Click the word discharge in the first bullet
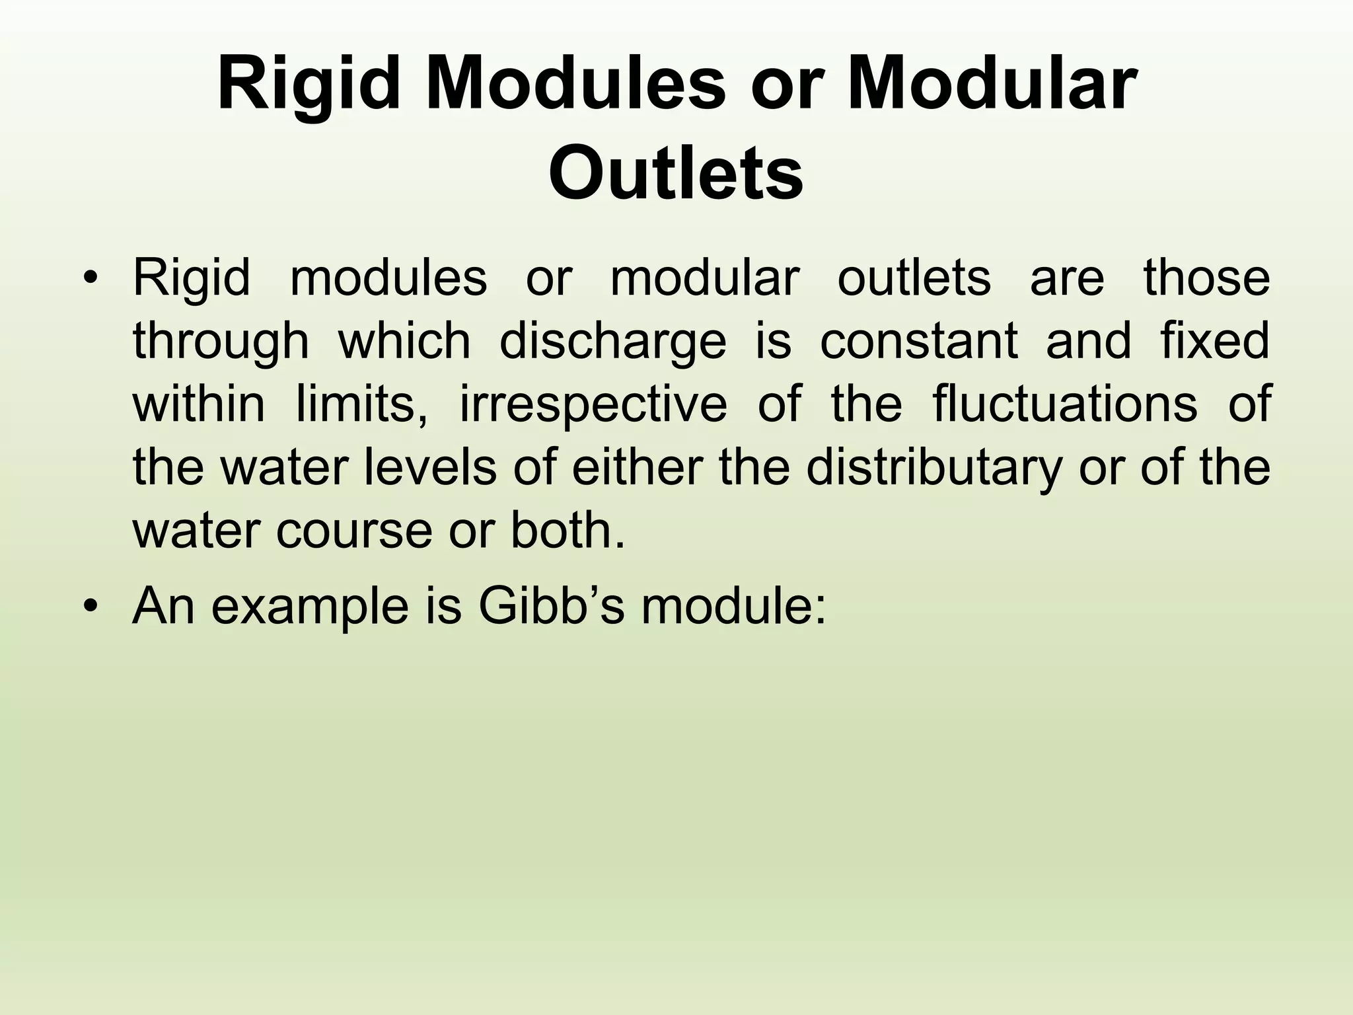612,342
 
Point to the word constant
919,342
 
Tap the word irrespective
593,404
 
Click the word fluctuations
1064,404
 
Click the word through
221,342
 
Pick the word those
1206,279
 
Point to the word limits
361,404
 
